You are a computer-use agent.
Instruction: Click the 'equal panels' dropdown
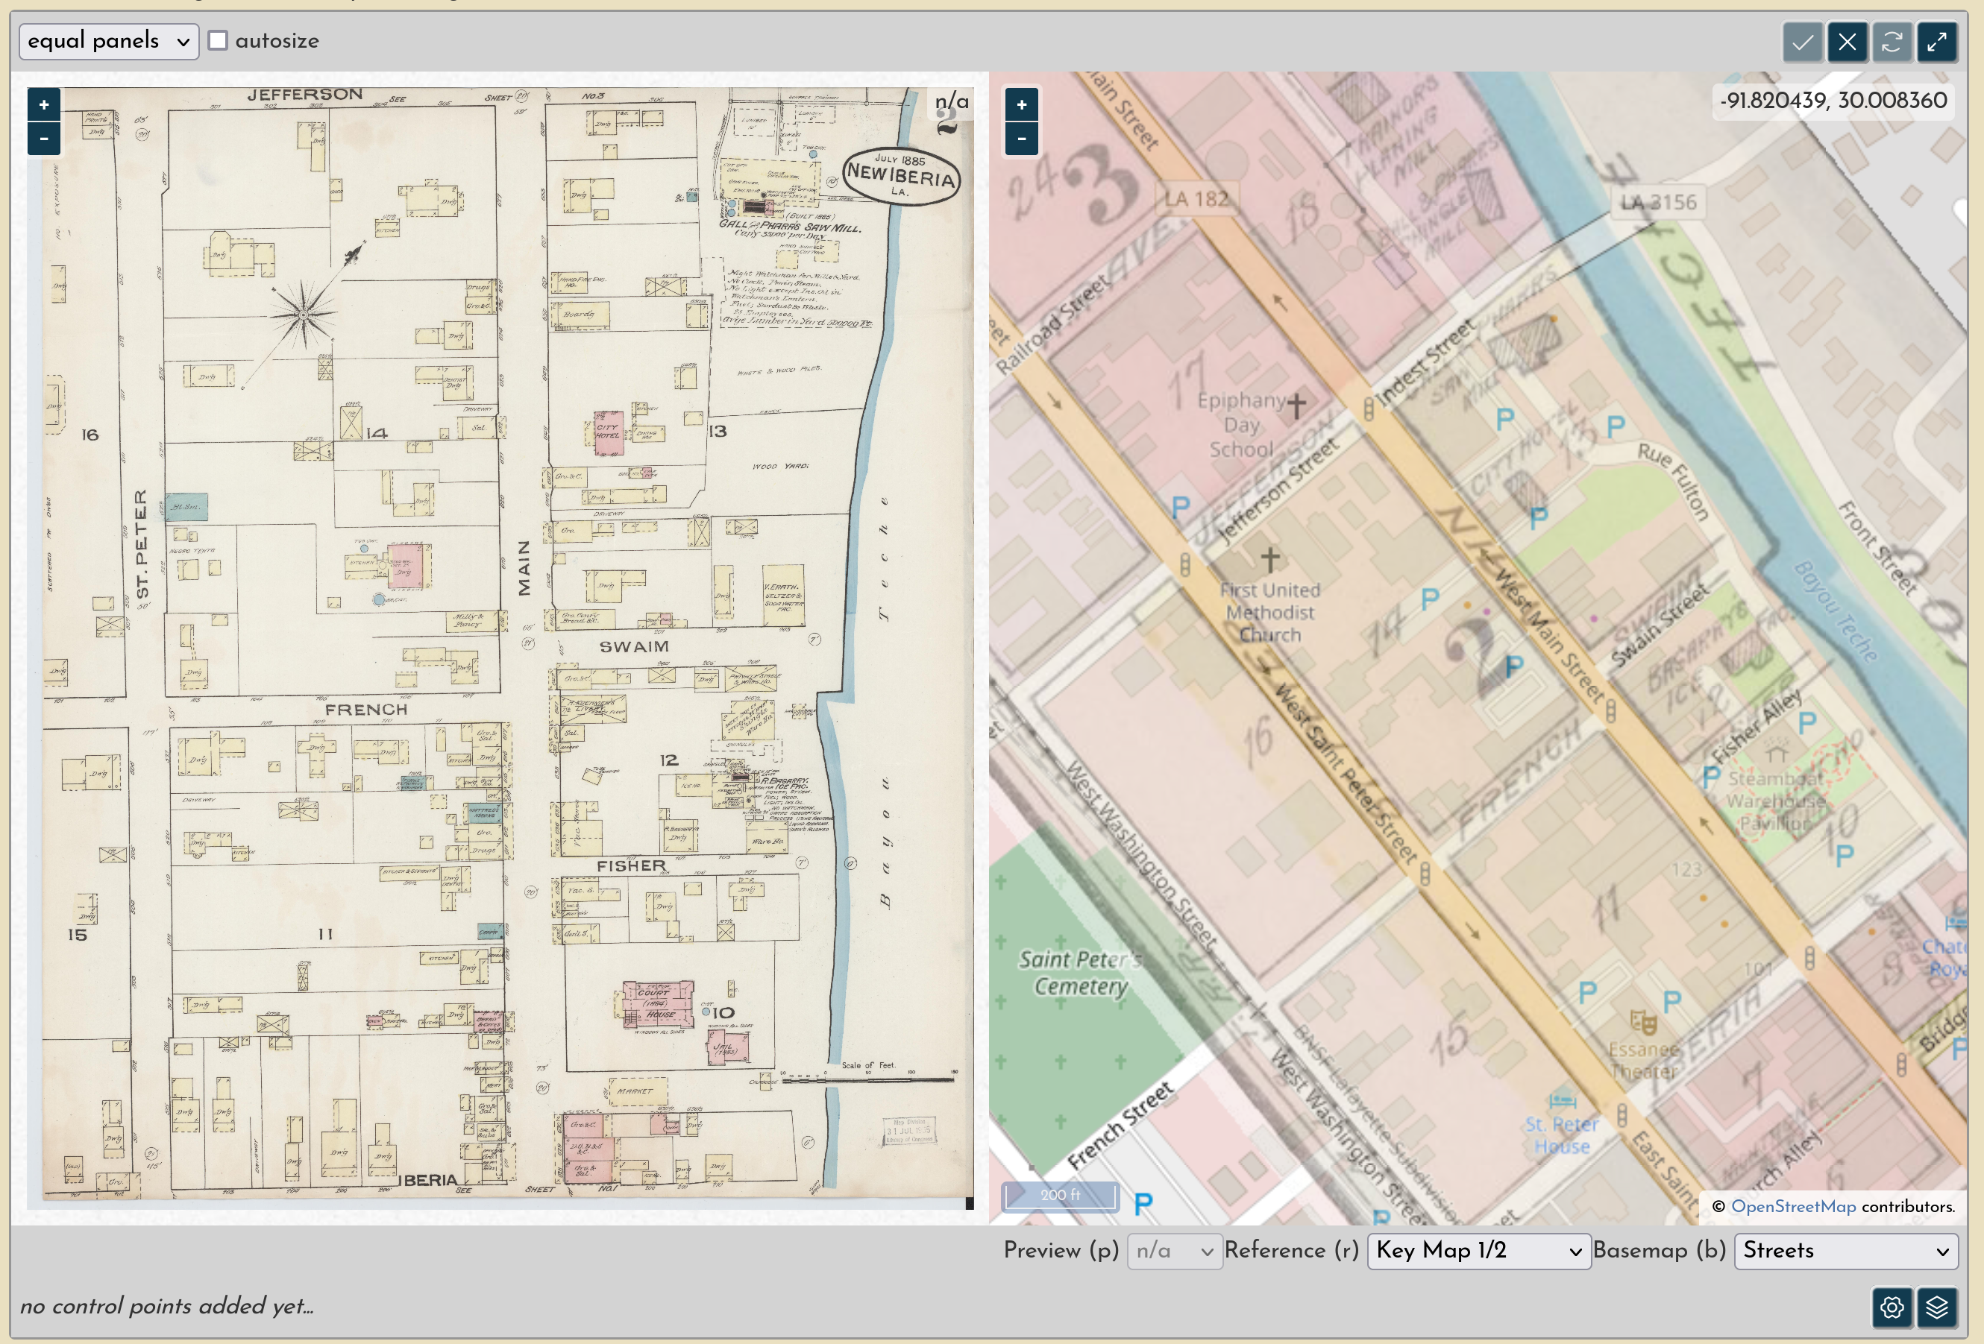click(x=108, y=41)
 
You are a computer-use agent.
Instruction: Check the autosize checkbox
click(x=219, y=41)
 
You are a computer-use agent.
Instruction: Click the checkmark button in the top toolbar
click(x=1802, y=42)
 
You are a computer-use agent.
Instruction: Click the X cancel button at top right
click(x=1847, y=42)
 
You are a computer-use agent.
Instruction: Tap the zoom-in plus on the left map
click(x=43, y=105)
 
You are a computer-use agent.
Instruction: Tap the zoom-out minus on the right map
click(x=1021, y=138)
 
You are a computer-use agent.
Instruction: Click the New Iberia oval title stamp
click(x=901, y=176)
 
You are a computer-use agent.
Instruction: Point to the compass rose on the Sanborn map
click(x=303, y=315)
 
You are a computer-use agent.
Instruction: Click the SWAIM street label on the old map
click(x=633, y=647)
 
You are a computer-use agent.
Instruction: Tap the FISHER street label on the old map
click(x=631, y=865)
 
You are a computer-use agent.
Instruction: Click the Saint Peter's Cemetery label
click(x=1079, y=973)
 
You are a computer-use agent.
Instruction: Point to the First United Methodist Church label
click(x=1269, y=612)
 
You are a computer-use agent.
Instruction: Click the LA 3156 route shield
click(x=1659, y=202)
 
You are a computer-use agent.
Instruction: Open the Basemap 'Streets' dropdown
click(x=1846, y=1250)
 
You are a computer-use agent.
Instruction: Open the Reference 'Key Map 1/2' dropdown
click(x=1478, y=1250)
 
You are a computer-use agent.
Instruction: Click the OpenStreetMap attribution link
click(x=1793, y=1206)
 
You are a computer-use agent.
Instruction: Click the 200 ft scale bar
click(x=1059, y=1195)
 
